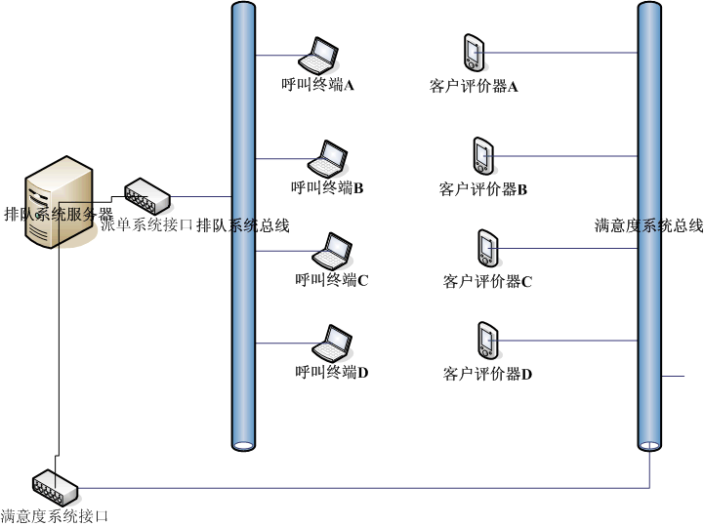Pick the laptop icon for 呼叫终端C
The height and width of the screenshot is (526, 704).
click(331, 251)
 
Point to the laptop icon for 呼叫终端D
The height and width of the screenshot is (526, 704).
click(331, 344)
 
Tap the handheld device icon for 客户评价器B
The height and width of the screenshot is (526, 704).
click(482, 155)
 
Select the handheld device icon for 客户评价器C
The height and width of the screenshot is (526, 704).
click(486, 248)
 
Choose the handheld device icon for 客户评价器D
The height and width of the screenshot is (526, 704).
click(486, 340)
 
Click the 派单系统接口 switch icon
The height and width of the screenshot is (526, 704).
click(147, 195)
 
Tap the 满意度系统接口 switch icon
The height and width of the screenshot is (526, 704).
click(53, 482)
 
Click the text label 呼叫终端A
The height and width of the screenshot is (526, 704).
click(317, 86)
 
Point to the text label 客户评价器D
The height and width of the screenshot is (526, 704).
click(487, 374)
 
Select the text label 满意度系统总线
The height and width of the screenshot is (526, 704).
click(648, 225)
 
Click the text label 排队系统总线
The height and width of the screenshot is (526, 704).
click(243, 225)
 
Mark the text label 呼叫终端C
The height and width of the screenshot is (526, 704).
click(331, 281)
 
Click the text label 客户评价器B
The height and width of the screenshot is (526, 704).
click(483, 189)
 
